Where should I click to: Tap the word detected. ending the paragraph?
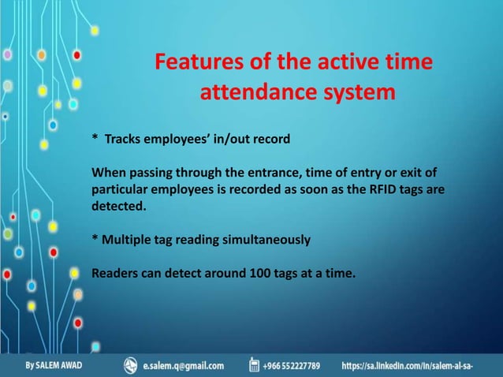point(119,206)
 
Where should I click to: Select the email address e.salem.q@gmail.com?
point(184,366)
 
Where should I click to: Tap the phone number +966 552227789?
point(292,366)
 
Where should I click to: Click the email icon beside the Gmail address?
point(131,365)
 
